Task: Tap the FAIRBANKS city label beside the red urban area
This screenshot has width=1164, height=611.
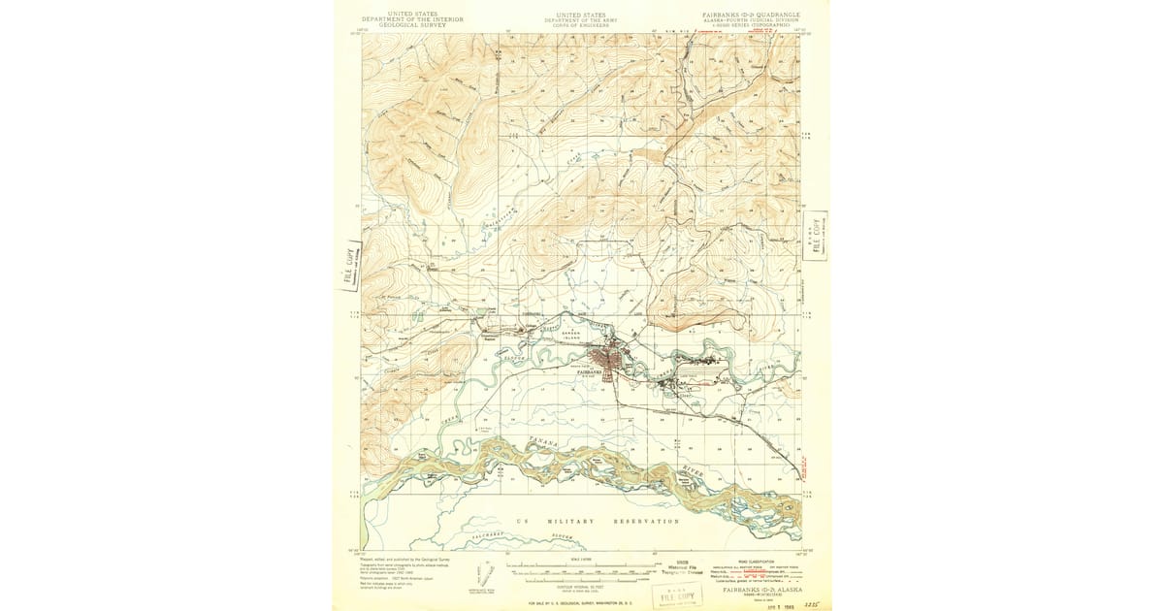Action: click(590, 372)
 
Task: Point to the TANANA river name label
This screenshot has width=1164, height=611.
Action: click(545, 441)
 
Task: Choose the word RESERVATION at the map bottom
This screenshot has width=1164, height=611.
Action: click(646, 521)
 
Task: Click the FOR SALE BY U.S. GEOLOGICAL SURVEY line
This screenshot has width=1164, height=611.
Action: click(582, 603)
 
